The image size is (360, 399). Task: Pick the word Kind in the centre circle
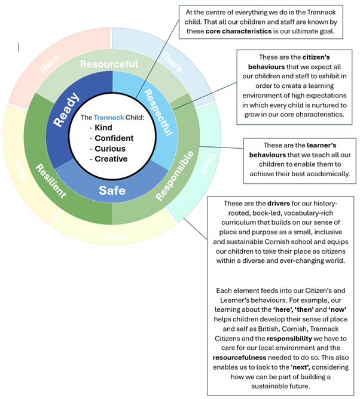coord(104,127)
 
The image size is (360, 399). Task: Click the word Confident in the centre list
coord(114,138)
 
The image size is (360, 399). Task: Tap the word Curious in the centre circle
coord(110,148)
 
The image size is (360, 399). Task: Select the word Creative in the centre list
coord(111,158)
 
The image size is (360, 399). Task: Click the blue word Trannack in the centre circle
coord(109,118)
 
